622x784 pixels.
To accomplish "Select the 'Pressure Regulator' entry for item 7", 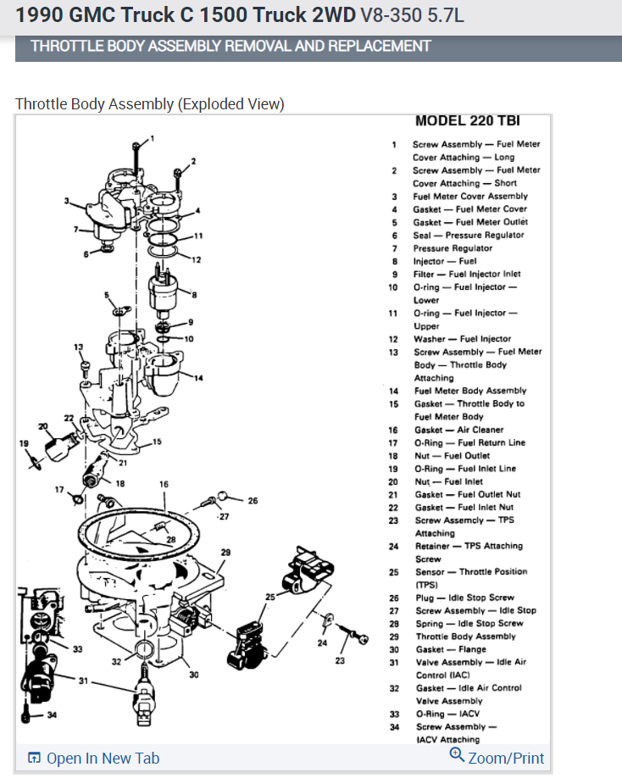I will point(453,248).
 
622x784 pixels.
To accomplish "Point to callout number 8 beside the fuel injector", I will point(194,295).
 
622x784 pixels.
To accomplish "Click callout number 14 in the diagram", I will point(199,377).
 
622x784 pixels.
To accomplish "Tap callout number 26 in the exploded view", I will point(253,500).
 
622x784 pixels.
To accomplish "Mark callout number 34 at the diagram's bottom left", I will point(52,715).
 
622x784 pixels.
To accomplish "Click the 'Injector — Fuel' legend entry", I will point(444,261).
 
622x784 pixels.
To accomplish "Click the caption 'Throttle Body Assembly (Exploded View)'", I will point(150,104).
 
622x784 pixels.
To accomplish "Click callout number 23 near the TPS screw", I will point(340,660).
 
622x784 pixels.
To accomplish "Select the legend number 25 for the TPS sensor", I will point(394,572).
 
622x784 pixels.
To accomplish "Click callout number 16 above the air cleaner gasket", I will point(164,484).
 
